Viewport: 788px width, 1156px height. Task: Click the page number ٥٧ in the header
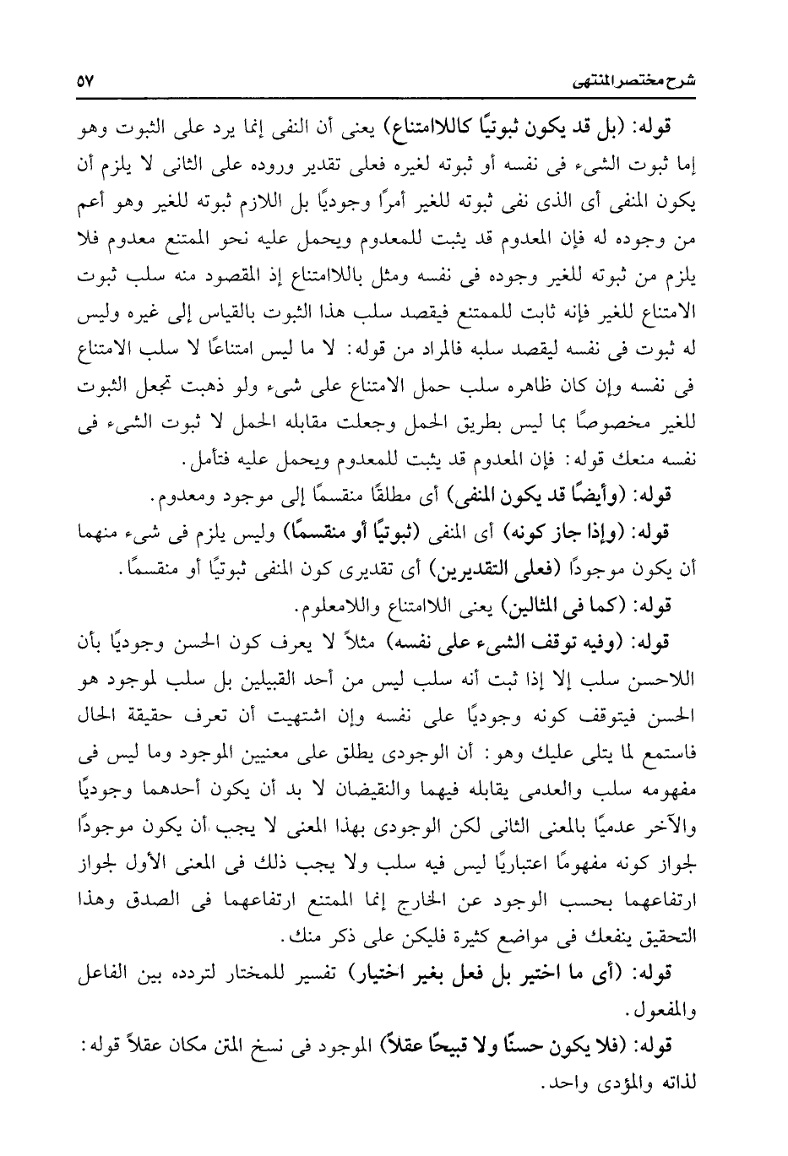tap(86, 82)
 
